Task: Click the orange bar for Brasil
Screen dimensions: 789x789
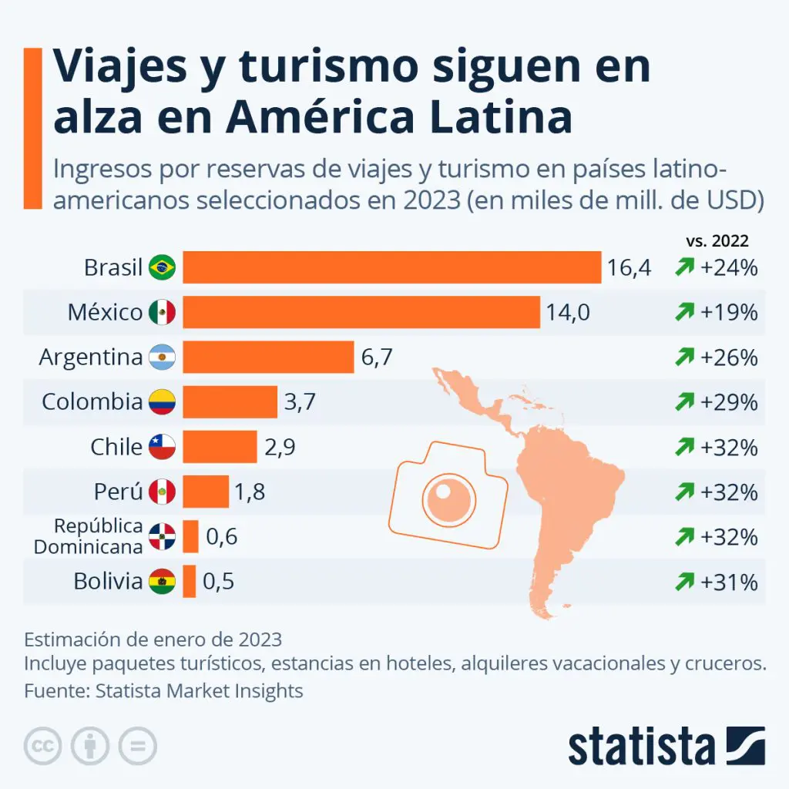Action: pos(391,268)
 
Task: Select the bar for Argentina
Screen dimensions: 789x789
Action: pos(268,358)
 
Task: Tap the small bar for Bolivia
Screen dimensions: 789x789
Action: pos(189,581)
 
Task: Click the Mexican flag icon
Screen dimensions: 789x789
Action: pos(163,313)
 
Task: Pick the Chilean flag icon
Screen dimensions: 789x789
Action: pos(163,447)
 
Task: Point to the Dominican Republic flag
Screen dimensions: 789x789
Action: pos(163,537)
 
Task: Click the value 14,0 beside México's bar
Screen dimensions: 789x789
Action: pos(568,313)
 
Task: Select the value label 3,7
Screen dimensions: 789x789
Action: pos(300,402)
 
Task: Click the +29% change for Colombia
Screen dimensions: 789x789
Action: pos(729,402)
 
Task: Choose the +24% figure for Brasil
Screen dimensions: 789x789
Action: pos(729,268)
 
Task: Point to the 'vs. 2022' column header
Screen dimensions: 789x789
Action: pos(717,240)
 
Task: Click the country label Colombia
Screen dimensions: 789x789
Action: pos(92,402)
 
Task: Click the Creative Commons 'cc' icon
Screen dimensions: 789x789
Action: pos(43,746)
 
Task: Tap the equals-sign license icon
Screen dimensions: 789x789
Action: pos(137,746)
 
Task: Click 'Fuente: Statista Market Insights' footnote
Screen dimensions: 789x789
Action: pos(163,690)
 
